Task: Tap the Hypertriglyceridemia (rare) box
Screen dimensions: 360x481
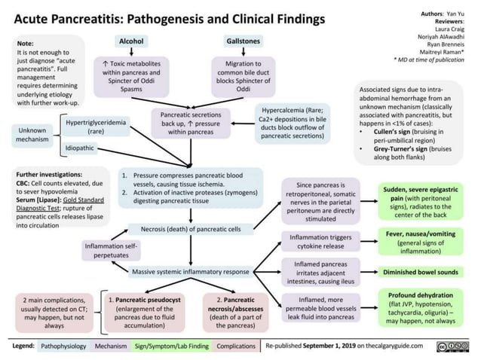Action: pos(97,125)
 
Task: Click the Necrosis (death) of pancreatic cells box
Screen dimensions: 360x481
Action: pos(196,228)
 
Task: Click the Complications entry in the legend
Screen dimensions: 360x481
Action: pos(235,347)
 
